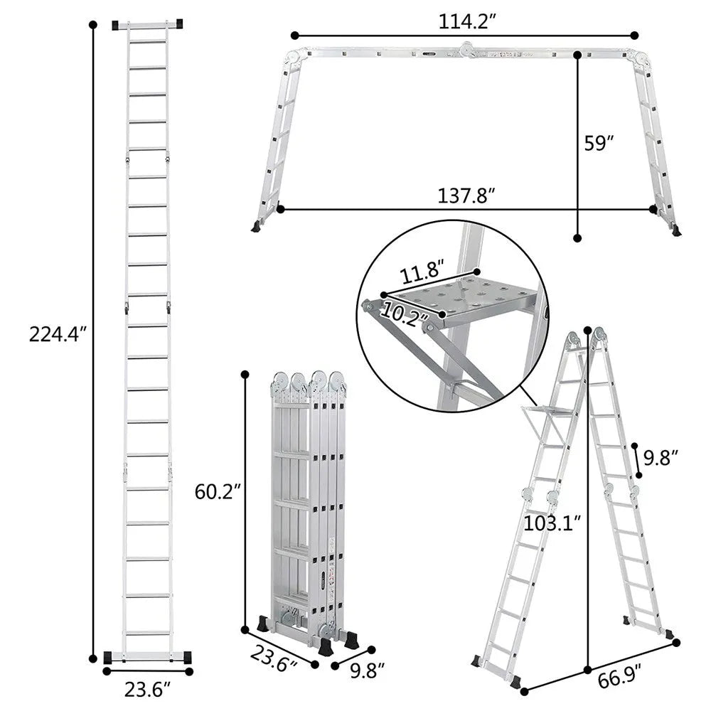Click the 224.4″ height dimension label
pos(58,333)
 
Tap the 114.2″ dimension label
pos(465,21)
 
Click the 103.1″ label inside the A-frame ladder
pos(552,524)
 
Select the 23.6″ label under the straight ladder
pos(147,688)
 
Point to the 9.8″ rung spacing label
pos(661,456)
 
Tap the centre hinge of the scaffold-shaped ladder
pos(467,48)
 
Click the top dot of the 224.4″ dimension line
pos(92,25)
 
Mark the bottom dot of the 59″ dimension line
pos(577,238)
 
